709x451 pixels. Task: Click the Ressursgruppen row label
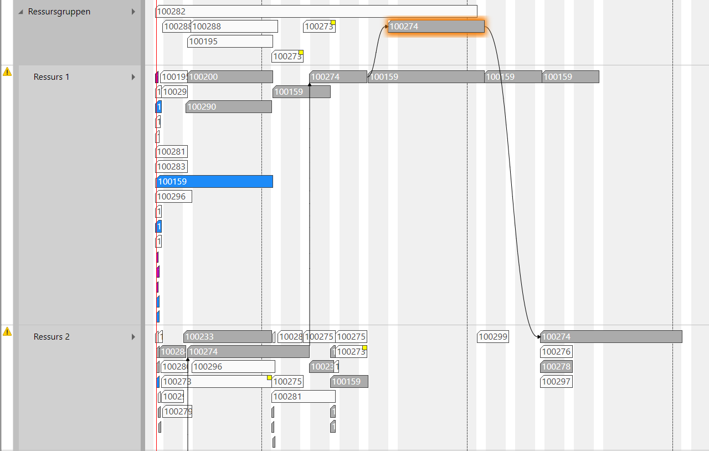[x=59, y=12]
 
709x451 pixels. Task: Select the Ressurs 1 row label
[x=52, y=77]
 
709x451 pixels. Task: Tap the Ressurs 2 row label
[x=52, y=337]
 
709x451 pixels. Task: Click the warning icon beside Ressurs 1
[x=7, y=71]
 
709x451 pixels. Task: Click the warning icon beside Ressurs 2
[x=7, y=331]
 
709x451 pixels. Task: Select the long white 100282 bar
[x=316, y=11]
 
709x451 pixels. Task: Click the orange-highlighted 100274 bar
[x=436, y=26]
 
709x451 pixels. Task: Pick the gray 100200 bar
[x=230, y=77]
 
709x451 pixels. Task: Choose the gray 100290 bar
[x=228, y=107]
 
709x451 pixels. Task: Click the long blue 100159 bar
[x=215, y=182]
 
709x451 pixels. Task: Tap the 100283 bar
[x=172, y=167]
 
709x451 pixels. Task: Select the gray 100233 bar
[x=228, y=337]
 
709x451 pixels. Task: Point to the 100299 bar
[x=492, y=337]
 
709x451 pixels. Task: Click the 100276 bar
[x=556, y=352]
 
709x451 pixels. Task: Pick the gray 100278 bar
[x=556, y=367]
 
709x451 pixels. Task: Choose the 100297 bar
[x=556, y=382]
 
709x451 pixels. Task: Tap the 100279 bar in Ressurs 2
[x=177, y=412]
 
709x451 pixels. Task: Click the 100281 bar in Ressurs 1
[x=172, y=152]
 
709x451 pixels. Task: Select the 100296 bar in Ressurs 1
[x=174, y=197]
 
